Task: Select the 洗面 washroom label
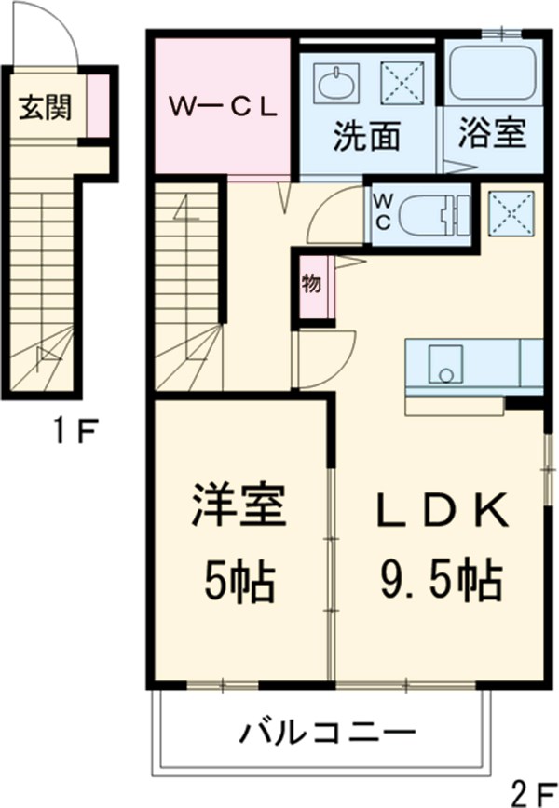367,137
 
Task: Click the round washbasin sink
335,85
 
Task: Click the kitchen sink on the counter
445,364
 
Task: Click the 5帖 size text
238,582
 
